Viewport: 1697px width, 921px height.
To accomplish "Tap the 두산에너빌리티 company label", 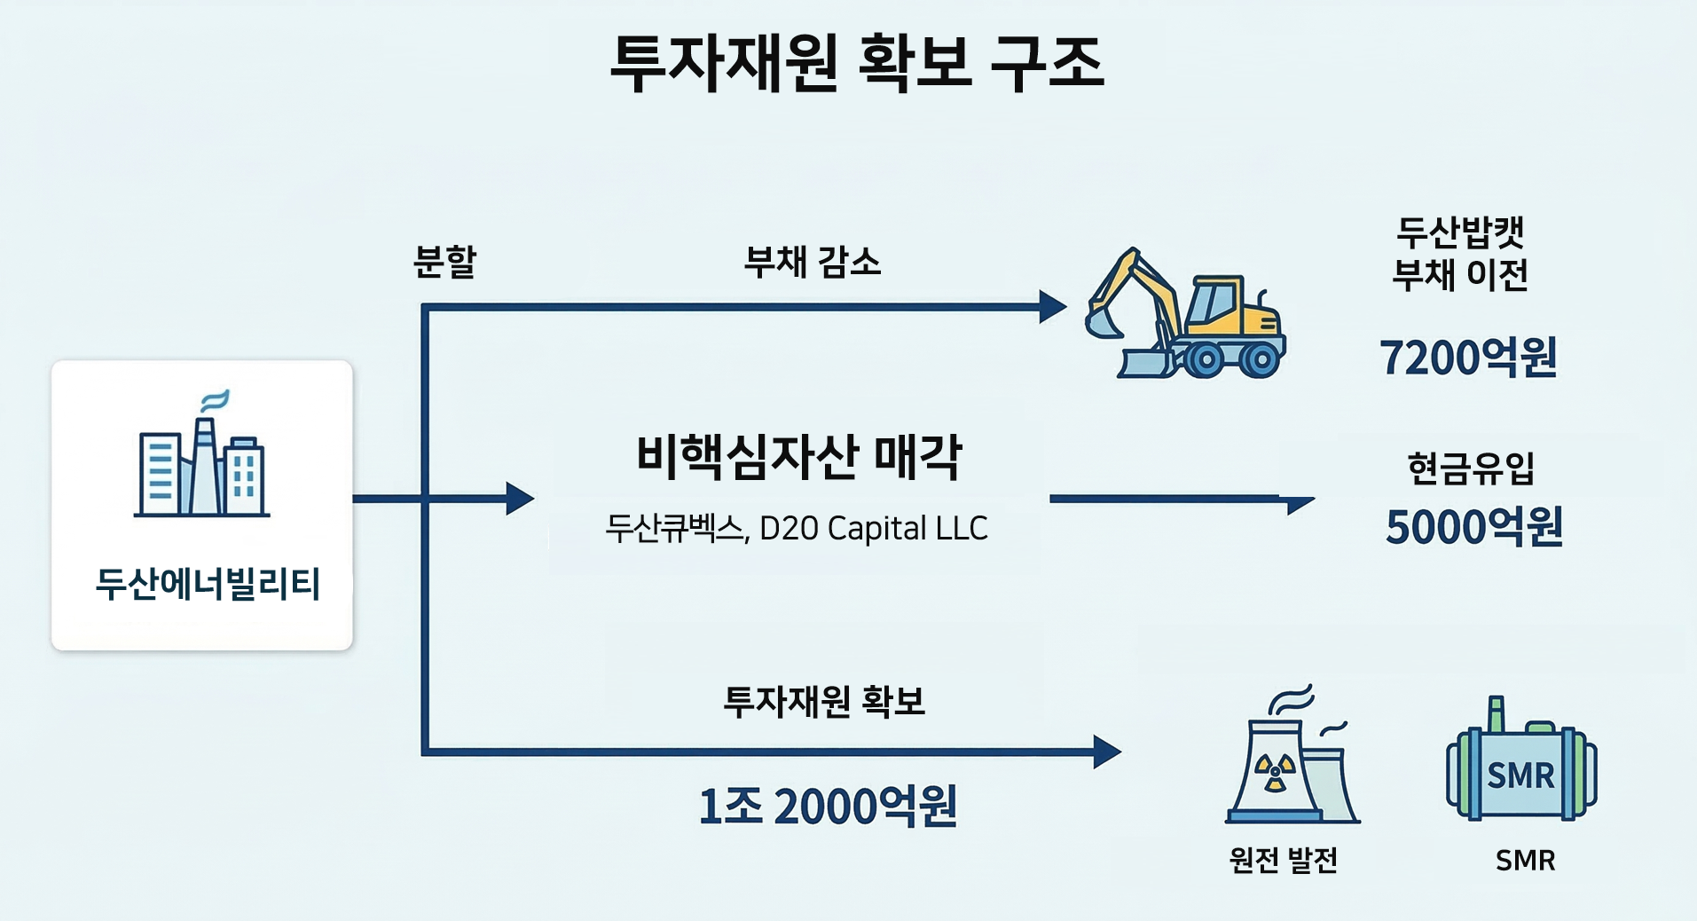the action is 208,584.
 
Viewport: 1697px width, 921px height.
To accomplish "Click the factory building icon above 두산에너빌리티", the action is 202,453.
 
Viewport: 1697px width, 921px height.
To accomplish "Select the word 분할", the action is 445,262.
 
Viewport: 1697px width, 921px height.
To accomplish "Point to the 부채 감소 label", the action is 812,262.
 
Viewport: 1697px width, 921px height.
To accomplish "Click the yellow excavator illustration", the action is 1185,313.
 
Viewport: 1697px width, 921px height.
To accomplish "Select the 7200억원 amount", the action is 1468,358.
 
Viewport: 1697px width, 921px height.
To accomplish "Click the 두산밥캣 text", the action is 1460,232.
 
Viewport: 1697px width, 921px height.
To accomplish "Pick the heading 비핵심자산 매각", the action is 798,457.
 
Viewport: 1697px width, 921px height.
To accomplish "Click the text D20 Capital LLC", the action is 874,528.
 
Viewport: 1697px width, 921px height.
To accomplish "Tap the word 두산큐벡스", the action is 673,528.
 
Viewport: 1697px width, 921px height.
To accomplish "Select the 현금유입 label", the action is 1471,468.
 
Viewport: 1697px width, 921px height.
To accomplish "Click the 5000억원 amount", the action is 1473,527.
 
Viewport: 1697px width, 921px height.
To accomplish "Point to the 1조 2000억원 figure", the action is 828,806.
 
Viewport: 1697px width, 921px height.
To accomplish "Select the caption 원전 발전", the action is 1283,860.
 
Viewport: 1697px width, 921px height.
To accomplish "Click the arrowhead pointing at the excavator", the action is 1053,307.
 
